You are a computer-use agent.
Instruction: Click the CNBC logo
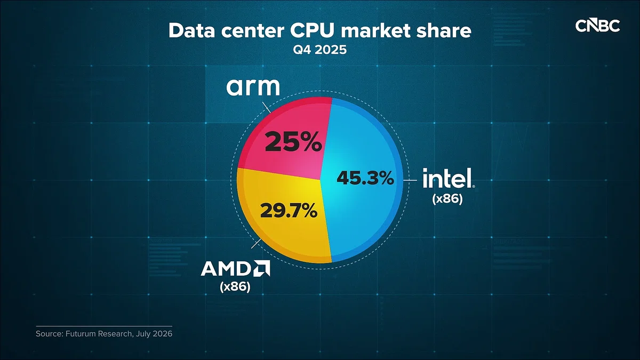pos(597,26)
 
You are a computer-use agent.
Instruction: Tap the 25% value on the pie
pos(293,142)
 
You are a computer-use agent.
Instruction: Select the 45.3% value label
pos(365,178)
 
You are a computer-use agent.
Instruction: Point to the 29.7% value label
pos(289,211)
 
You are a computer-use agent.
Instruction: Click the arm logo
pos(253,87)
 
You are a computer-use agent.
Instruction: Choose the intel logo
pos(449,178)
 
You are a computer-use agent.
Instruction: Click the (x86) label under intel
pos(447,199)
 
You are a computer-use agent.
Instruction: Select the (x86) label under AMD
pos(235,286)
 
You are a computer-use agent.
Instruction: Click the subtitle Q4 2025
pos(319,50)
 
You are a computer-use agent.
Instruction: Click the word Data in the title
pos(191,30)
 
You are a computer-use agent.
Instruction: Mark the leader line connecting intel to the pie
pos(410,180)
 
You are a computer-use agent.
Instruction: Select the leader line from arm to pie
pos(266,107)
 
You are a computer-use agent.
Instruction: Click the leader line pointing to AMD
pos(256,243)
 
